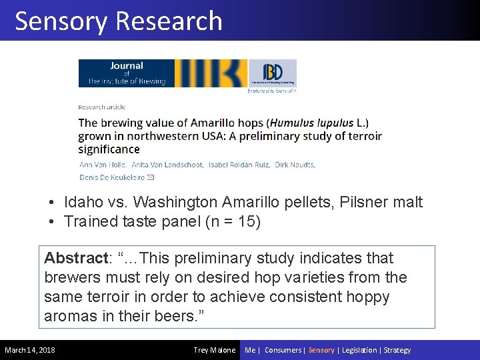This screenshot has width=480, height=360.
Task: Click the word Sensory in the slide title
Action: (61, 21)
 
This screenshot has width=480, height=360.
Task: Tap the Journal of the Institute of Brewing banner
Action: (163, 73)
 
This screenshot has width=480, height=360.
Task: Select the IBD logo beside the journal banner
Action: (272, 73)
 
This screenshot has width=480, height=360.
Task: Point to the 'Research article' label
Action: (102, 107)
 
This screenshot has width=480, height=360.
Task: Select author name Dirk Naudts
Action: (296, 165)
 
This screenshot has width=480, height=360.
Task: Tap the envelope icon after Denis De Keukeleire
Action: (151, 177)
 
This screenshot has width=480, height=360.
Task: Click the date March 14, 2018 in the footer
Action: (30, 350)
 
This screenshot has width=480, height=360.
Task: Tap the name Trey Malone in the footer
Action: (214, 350)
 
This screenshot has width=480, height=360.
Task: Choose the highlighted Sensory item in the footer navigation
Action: (321, 350)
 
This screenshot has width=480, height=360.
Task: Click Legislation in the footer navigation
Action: (360, 350)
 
